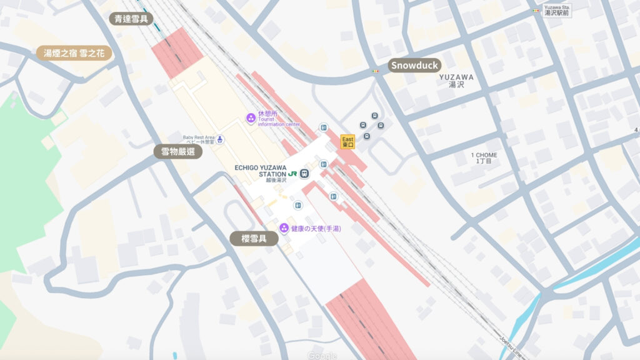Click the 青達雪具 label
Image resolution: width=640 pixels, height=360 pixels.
[x=131, y=19]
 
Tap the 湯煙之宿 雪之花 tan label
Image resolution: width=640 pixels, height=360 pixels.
[x=74, y=53]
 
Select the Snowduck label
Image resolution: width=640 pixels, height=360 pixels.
[x=414, y=65]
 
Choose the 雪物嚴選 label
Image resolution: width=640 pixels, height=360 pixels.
[x=178, y=151]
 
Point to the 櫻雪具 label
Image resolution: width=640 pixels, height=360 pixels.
[x=254, y=238]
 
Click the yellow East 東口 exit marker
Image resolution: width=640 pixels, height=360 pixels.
[x=347, y=142]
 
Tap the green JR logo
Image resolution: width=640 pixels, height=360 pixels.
[x=292, y=173]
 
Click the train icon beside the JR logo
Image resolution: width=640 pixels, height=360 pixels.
[x=304, y=173]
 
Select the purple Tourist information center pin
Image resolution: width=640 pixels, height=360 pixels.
[x=251, y=117]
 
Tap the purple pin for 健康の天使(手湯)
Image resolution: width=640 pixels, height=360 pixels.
[x=284, y=228]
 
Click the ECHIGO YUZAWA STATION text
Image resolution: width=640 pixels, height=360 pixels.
[x=260, y=170]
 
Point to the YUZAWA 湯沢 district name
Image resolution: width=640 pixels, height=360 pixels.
[x=456, y=81]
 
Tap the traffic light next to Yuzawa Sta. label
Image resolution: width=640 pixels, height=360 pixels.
[x=535, y=10]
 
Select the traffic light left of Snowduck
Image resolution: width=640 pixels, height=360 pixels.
[x=376, y=71]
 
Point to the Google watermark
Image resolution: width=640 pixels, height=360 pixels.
[x=322, y=356]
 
